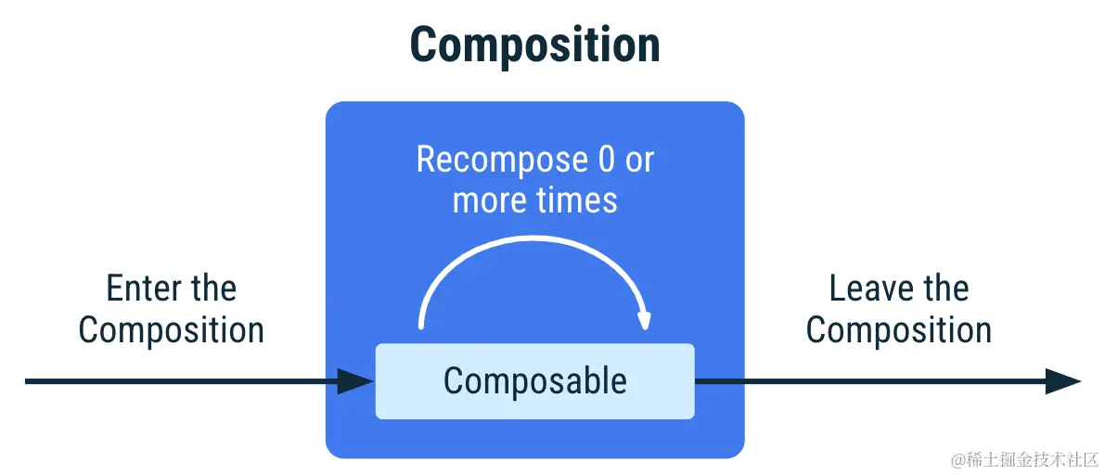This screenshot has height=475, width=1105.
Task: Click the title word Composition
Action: pyautogui.click(x=534, y=45)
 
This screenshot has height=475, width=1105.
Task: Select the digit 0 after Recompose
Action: pyautogui.click(x=606, y=160)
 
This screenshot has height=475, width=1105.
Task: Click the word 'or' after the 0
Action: pyautogui.click(x=638, y=161)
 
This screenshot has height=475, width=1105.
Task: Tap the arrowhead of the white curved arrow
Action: pyautogui.click(x=644, y=320)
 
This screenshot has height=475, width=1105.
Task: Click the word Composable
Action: pyautogui.click(x=534, y=380)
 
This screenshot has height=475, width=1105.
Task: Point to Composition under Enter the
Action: pyautogui.click(x=172, y=330)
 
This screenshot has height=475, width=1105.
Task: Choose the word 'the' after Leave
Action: pyautogui.click(x=944, y=289)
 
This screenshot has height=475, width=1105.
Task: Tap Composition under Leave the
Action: pyautogui.click(x=899, y=330)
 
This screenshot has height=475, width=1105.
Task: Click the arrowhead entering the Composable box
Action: pyautogui.click(x=356, y=381)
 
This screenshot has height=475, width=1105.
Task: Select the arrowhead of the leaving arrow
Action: pyautogui.click(x=1063, y=381)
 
